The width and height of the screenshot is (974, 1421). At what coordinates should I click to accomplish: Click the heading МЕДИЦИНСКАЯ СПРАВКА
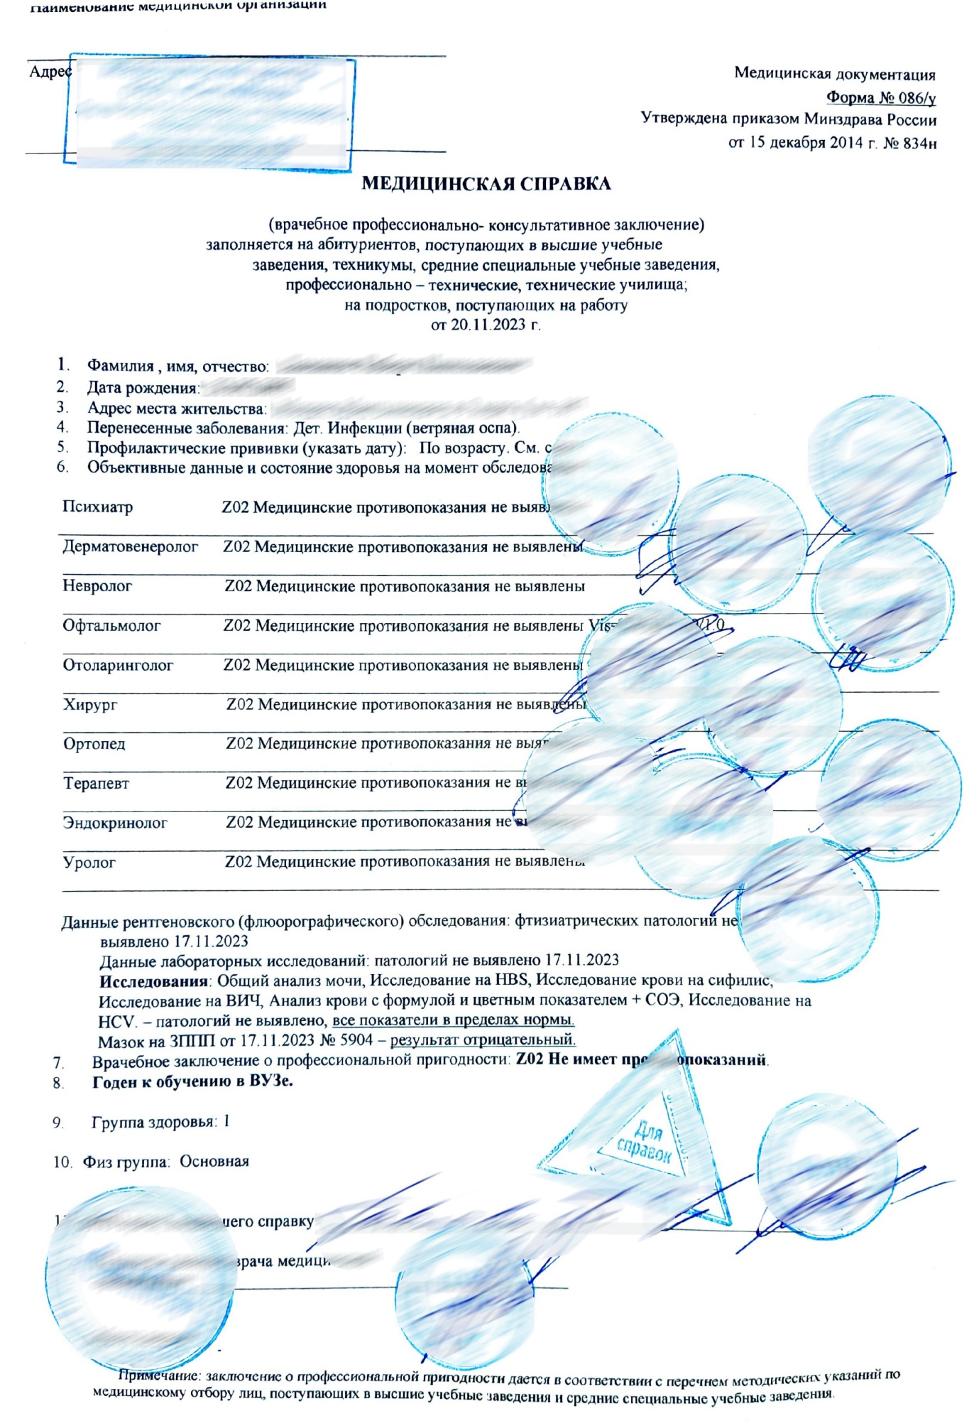coord(486,184)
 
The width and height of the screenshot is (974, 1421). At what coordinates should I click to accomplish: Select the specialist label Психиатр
coord(97,507)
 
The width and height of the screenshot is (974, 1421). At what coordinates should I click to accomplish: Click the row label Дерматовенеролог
coord(130,546)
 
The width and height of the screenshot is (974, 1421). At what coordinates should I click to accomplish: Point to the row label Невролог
coord(97,586)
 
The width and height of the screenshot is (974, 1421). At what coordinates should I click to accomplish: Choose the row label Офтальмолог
coord(111,626)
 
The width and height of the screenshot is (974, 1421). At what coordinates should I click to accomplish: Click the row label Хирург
coord(90,705)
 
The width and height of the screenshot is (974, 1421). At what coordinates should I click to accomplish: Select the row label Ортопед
coord(94,744)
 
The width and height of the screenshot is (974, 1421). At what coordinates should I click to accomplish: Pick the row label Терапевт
coord(96,784)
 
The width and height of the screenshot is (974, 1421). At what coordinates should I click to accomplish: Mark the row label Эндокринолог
coord(115,823)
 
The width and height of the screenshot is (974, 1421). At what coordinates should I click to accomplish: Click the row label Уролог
coord(89,863)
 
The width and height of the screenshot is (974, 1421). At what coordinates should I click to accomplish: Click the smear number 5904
coord(356,1041)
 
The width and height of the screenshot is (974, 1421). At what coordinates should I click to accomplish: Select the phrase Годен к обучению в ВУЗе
coord(192,1081)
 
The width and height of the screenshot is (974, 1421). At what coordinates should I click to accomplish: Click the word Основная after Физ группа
coord(214,1162)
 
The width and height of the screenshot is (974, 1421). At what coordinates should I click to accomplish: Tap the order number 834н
coord(919,144)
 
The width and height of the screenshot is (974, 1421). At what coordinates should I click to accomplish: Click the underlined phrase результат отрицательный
coord(483,1040)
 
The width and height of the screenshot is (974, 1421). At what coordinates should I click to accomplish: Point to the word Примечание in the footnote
coord(159,1376)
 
